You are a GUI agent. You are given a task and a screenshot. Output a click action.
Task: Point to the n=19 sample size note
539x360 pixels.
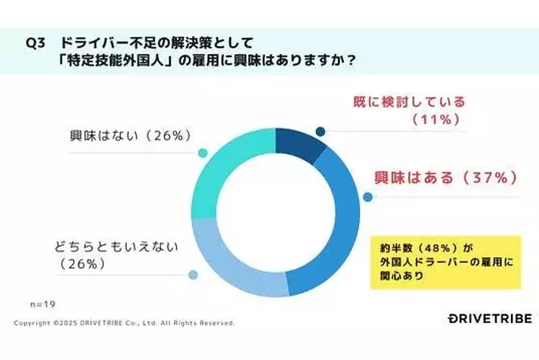point(44,304)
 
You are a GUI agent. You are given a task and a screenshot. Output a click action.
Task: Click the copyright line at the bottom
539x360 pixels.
point(125,323)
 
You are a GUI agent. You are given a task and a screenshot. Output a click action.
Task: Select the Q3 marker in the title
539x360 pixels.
point(35,44)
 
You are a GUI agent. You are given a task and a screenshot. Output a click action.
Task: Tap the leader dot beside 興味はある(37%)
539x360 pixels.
point(368,197)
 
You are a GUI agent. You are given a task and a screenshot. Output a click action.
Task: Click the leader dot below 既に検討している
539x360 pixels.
point(320,131)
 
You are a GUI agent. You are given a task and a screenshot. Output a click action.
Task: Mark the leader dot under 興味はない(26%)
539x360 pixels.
point(202,153)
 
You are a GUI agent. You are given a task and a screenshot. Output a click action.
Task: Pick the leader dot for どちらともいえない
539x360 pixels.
point(193,275)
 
